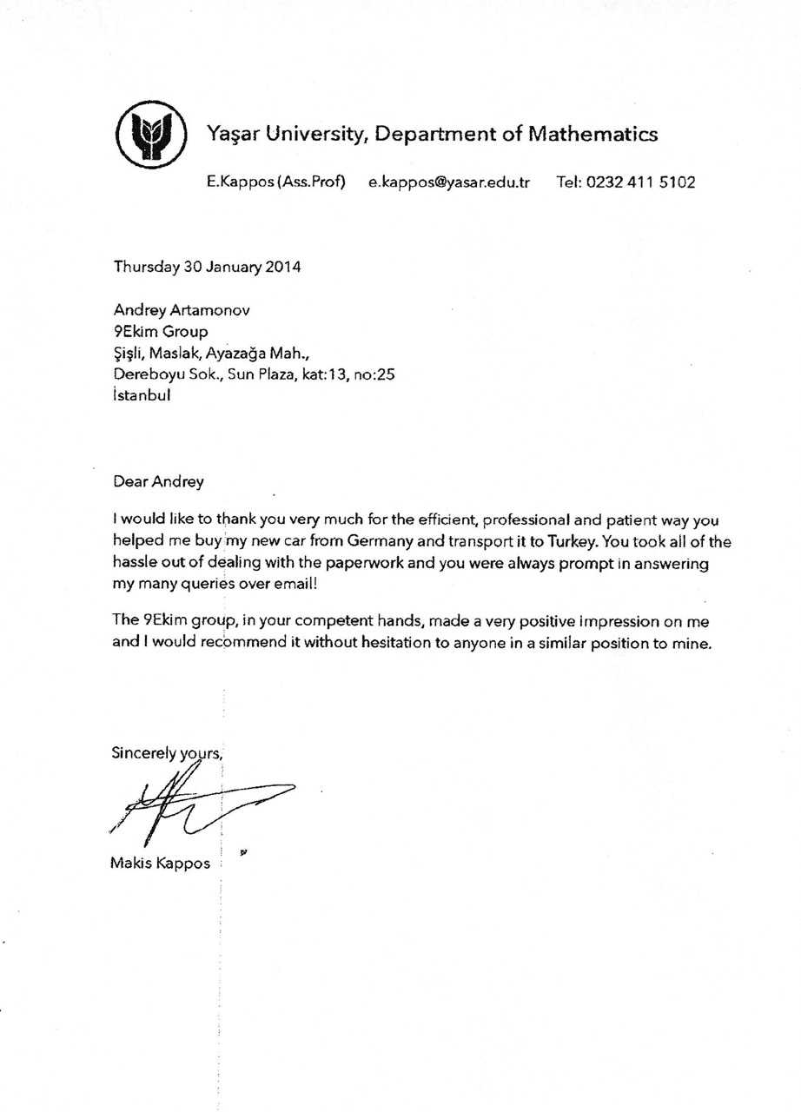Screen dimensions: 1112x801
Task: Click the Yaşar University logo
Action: click(152, 135)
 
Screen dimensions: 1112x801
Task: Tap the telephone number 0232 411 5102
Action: click(640, 182)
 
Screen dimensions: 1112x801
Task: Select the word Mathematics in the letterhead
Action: click(592, 134)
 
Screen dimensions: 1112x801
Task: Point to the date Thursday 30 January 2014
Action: click(207, 267)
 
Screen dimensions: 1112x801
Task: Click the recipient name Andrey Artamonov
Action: click(182, 310)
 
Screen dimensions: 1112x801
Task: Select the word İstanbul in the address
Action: click(142, 394)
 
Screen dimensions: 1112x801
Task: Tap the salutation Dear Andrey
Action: click(158, 480)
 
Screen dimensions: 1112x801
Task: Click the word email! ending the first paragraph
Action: click(296, 584)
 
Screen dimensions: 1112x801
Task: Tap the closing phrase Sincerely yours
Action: click(167, 753)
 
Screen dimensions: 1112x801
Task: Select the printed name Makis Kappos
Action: click(161, 864)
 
